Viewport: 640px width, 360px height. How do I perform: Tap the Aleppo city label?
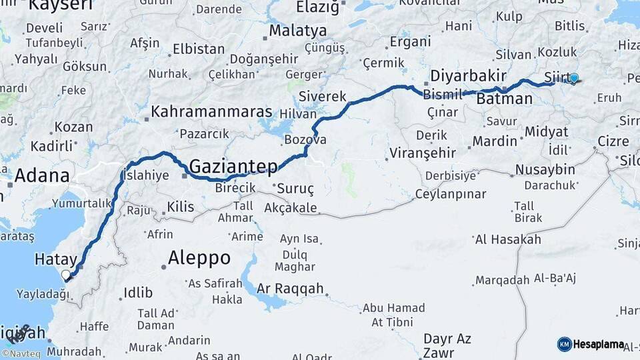[x=199, y=257]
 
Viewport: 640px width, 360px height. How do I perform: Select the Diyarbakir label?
[x=468, y=75]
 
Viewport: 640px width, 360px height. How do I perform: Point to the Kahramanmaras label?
[x=211, y=111]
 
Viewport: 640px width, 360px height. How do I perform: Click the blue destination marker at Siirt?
[x=574, y=78]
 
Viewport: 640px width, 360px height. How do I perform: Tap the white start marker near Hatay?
[x=65, y=275]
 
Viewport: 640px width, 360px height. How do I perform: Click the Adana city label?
[x=42, y=175]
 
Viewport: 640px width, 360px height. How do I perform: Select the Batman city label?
[x=505, y=99]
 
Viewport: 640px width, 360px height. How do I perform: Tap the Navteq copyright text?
[x=21, y=354]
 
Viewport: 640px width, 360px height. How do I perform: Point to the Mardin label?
[x=495, y=141]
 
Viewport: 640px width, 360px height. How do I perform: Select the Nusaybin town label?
[x=545, y=169]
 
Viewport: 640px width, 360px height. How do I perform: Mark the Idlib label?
[x=138, y=293]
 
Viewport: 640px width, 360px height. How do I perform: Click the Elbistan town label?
[x=199, y=49]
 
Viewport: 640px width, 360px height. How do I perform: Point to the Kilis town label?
[x=180, y=207]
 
